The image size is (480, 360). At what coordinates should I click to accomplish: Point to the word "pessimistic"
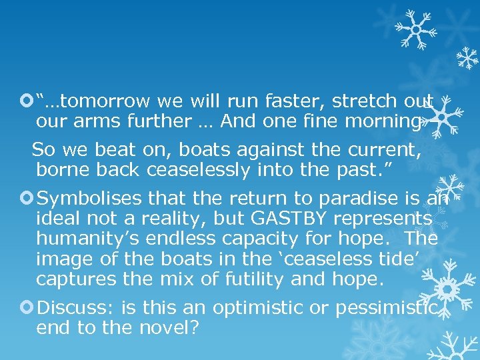point(387,308)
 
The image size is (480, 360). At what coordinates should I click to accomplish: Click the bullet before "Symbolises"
point(28,199)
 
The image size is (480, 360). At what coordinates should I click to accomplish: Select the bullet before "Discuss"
point(28,308)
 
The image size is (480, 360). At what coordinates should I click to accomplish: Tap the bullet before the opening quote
point(28,101)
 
